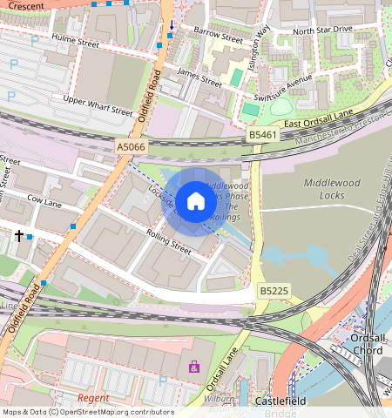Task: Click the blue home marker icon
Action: tap(196, 201)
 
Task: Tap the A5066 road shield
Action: tap(132, 149)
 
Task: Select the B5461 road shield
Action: tap(262, 135)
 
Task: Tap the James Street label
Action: tap(199, 78)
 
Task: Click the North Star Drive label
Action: tap(322, 30)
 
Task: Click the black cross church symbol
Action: tap(18, 236)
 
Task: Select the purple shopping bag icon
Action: tap(193, 367)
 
